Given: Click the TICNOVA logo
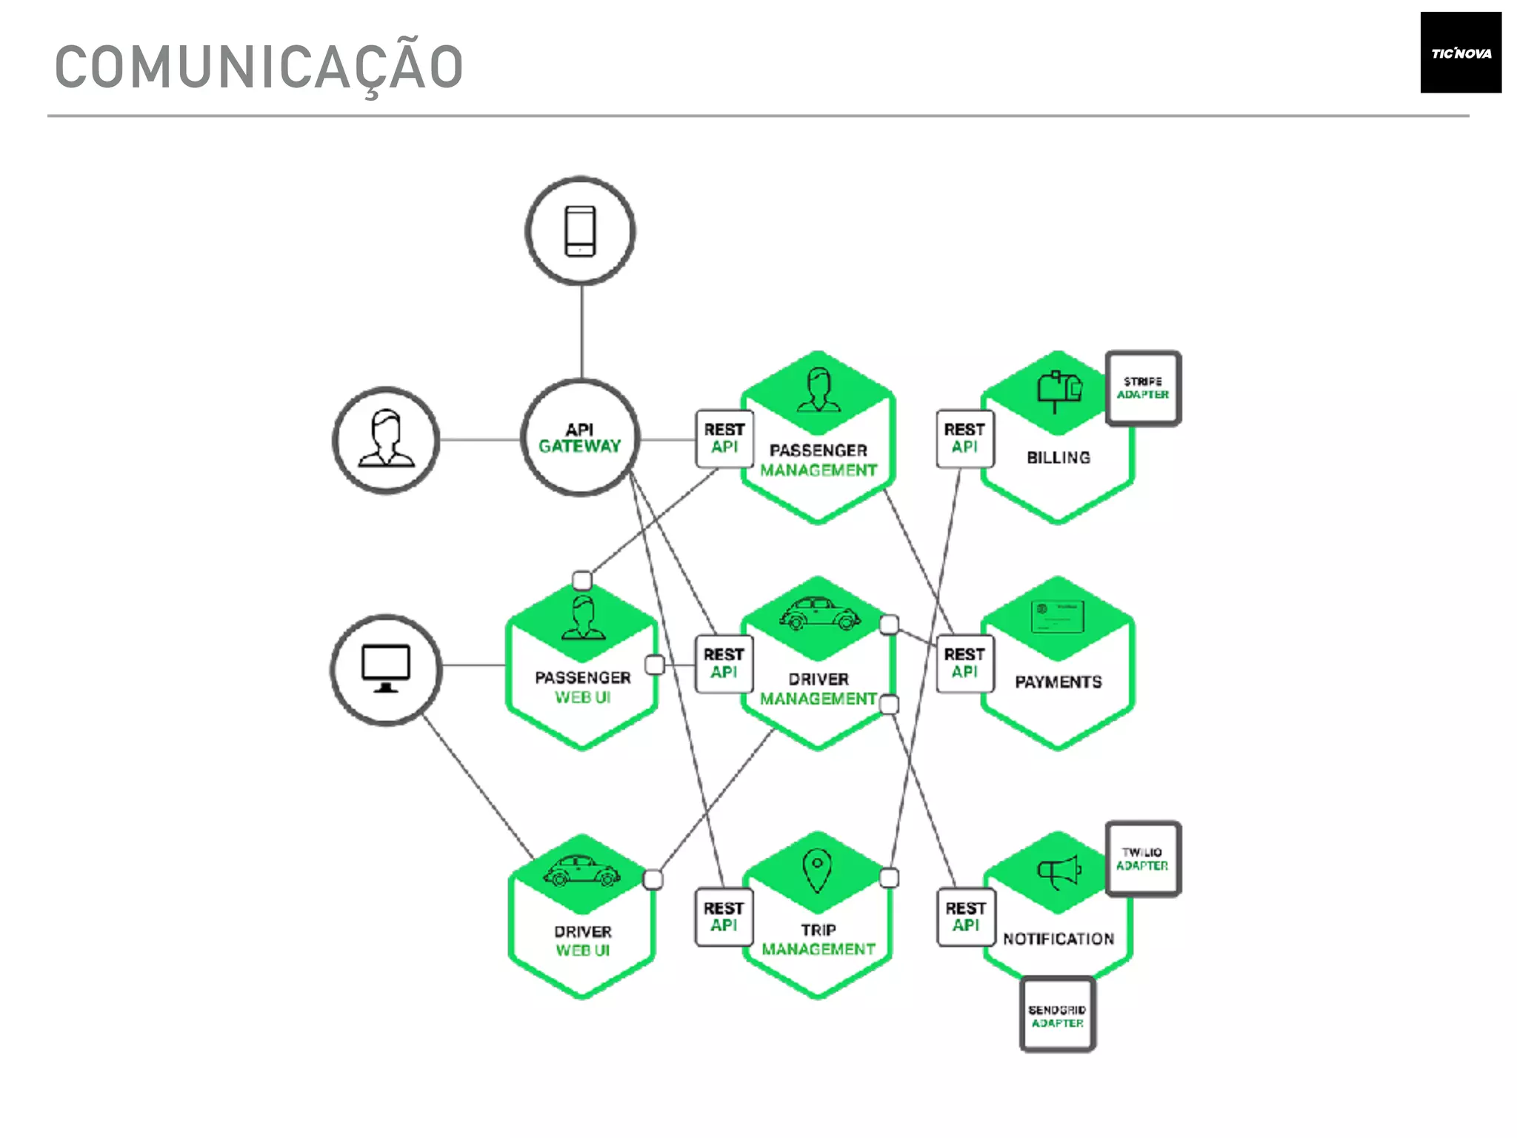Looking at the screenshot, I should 1460,53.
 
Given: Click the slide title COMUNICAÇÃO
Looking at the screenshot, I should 259,67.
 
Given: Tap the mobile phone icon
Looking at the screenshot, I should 580,231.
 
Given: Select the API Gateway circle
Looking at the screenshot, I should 580,438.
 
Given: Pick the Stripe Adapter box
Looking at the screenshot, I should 1142,388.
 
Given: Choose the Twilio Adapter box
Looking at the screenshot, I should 1142,859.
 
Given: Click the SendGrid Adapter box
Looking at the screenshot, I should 1057,1016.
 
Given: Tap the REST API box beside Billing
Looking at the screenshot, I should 964,439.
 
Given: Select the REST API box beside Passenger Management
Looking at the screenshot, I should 724,439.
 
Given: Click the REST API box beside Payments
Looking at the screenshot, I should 964,663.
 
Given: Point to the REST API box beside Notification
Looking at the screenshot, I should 966,917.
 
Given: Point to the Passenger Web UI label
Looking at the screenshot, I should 583,687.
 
